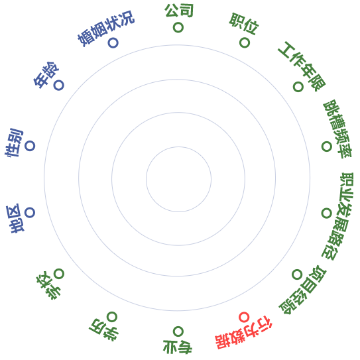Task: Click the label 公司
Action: (179, 11)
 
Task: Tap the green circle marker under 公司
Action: (178, 28)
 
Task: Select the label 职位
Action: (244, 24)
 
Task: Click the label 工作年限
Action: (302, 66)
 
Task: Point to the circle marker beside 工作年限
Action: (298, 87)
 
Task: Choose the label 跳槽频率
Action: (337, 129)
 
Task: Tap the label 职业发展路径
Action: (337, 216)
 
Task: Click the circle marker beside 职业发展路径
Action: (326, 213)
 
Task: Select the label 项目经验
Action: (302, 290)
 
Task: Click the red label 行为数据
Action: (244, 332)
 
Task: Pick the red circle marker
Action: (244, 318)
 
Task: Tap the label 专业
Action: (178, 347)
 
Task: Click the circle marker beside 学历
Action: (112, 317)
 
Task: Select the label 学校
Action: (48, 285)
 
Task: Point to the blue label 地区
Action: (15, 219)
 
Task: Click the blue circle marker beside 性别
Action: (30, 146)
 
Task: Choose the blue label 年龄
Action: (46, 75)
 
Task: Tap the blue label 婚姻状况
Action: (106, 29)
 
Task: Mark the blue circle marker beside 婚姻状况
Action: (113, 42)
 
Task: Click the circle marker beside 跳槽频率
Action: (326, 147)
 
